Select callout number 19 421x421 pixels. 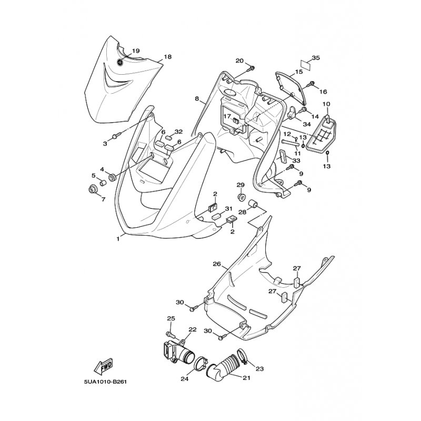[136, 51]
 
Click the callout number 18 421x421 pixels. [168, 57]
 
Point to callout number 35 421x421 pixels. [316, 57]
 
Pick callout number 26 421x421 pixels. [216, 264]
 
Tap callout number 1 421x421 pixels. [118, 238]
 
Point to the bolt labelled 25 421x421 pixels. [170, 333]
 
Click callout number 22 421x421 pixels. [192, 329]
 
